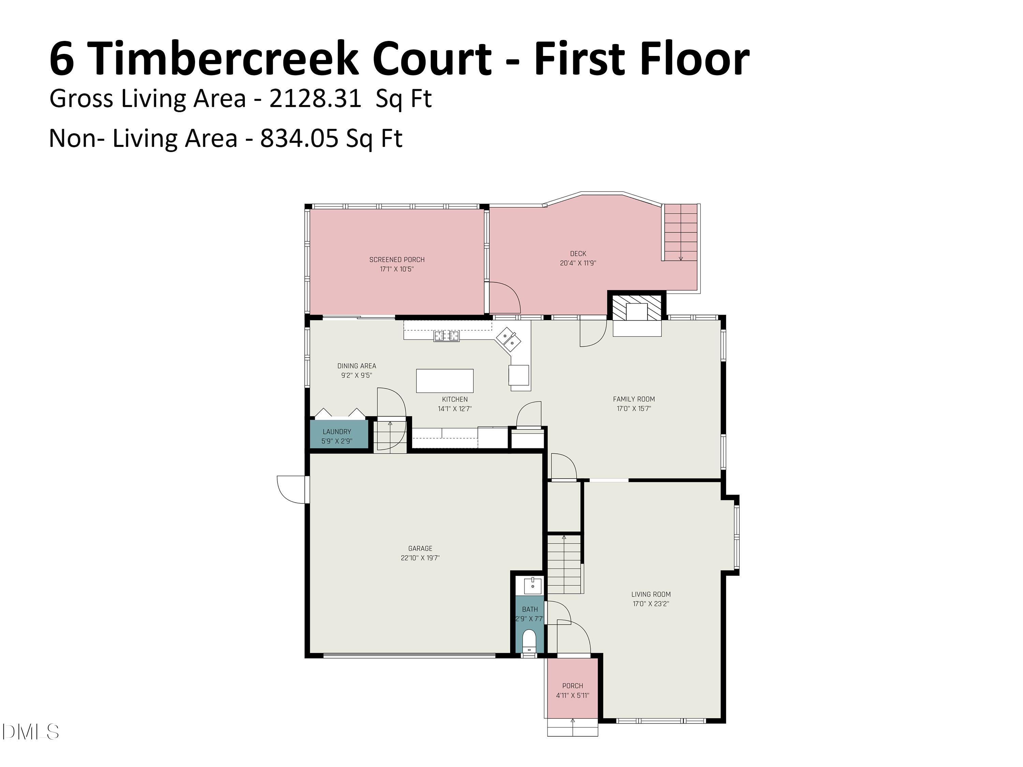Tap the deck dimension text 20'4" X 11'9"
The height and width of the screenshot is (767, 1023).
578,263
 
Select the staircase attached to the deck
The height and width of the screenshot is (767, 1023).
680,233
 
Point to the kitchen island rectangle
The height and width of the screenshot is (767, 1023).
444,380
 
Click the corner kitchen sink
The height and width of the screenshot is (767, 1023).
509,339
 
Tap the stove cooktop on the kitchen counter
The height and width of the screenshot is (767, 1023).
446,336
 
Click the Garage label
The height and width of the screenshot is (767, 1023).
420,548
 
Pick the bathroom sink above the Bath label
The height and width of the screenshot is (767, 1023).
532,585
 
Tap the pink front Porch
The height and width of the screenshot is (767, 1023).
572,688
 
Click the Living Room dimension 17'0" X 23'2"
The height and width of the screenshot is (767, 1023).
651,603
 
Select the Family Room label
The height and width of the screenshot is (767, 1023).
634,399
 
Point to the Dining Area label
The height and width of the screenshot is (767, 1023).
357,366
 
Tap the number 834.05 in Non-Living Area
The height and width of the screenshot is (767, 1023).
299,138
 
